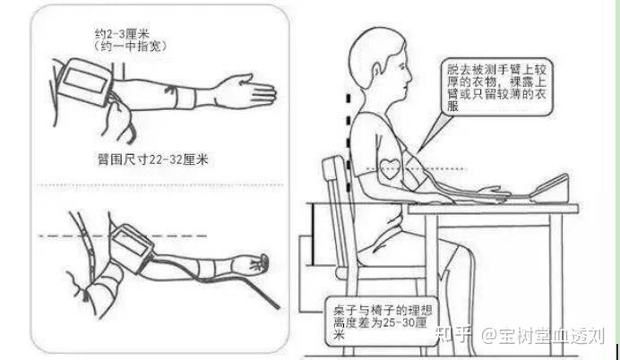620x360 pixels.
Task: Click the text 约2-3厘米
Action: (x=122, y=34)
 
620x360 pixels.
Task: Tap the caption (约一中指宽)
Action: (x=131, y=47)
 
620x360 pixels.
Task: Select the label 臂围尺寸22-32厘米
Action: (x=152, y=159)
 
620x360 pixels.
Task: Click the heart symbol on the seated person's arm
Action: (x=390, y=168)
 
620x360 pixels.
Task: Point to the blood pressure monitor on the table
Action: (x=549, y=189)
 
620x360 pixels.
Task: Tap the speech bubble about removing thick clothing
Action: (x=496, y=87)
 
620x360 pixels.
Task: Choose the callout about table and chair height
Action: (x=382, y=321)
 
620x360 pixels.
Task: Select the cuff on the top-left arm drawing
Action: (x=84, y=81)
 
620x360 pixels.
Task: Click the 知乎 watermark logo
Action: (x=453, y=335)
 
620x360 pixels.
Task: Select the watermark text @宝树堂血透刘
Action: (x=543, y=336)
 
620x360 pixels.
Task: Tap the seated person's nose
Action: (x=410, y=73)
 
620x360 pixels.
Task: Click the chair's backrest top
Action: (x=332, y=161)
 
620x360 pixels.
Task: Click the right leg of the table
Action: (x=556, y=285)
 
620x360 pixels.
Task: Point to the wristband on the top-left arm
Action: (x=185, y=98)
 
